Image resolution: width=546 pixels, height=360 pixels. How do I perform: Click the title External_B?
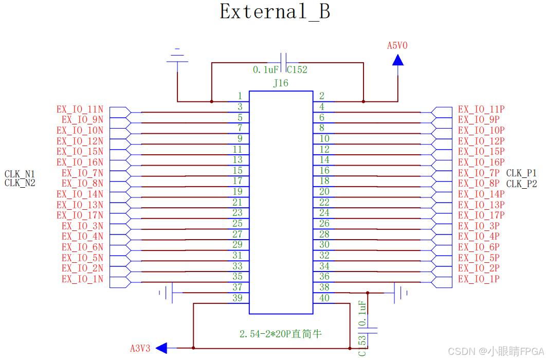(x=275, y=11)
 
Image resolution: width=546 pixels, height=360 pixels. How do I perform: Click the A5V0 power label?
(x=397, y=46)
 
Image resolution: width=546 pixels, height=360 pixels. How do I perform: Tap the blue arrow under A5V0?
(x=397, y=60)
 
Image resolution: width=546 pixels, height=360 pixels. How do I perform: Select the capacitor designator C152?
(x=297, y=70)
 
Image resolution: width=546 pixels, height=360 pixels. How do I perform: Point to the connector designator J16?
(x=281, y=83)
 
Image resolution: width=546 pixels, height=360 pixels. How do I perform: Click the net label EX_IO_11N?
(x=80, y=110)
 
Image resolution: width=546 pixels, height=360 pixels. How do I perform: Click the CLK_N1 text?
(x=20, y=173)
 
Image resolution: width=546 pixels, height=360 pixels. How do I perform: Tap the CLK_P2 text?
(x=521, y=184)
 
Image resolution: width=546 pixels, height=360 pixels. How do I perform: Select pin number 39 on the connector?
(x=237, y=298)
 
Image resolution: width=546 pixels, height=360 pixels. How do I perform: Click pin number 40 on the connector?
(x=324, y=298)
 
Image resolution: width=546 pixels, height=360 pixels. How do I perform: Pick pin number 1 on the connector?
(x=240, y=96)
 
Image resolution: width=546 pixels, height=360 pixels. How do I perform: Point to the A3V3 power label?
(x=140, y=348)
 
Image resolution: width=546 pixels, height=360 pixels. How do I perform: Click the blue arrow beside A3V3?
(x=161, y=348)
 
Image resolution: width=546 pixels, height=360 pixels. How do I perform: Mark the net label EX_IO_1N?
(x=82, y=279)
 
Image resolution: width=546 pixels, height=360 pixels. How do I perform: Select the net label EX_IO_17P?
(x=481, y=215)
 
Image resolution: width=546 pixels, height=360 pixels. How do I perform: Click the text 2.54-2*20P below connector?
(x=280, y=334)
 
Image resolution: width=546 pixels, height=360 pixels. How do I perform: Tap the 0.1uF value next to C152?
(x=265, y=70)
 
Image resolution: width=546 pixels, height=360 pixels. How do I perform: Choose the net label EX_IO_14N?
(x=80, y=194)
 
